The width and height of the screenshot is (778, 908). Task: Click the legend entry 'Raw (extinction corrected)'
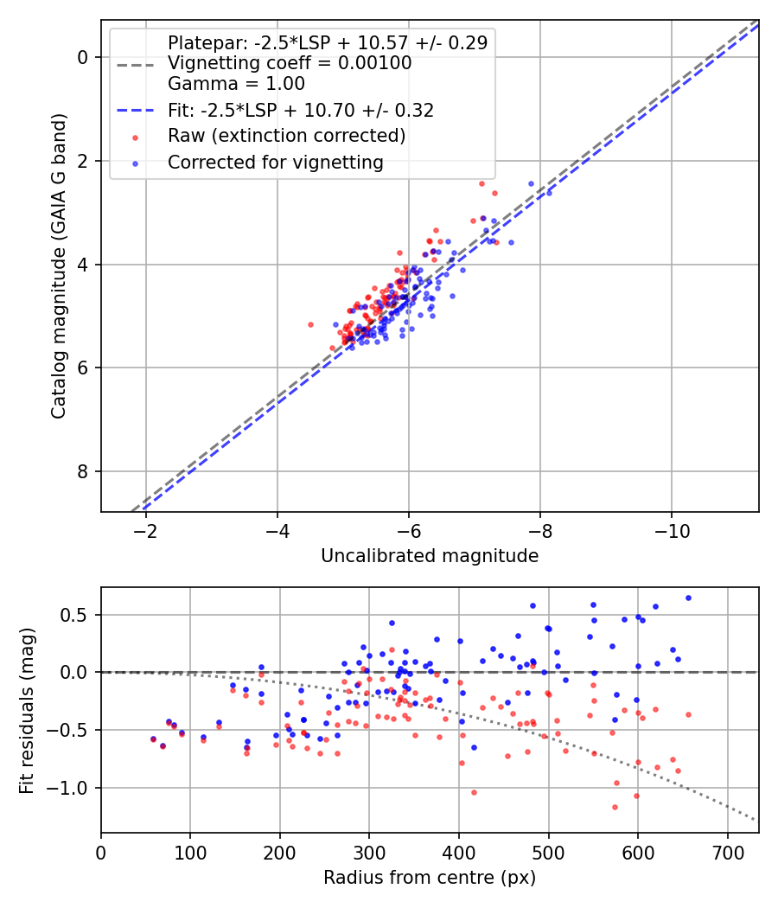point(286,136)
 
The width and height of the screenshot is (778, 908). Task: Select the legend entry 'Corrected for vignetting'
point(275,162)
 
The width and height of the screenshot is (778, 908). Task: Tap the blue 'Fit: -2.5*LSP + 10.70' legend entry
point(301,110)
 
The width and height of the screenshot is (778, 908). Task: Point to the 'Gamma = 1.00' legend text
point(236,84)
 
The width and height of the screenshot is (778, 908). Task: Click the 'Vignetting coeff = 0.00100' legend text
point(290,63)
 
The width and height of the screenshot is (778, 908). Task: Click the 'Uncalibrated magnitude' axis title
point(430,556)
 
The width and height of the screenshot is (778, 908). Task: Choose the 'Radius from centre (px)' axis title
point(430,878)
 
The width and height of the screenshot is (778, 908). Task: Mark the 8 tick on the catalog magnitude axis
point(83,471)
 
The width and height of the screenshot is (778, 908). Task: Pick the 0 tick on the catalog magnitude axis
point(83,57)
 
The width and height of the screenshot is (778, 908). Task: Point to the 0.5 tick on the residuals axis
point(78,615)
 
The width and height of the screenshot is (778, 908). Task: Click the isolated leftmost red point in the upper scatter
point(310,324)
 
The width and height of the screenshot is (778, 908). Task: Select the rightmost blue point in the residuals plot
point(688,598)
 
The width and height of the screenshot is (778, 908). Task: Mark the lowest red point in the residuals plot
point(615,807)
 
